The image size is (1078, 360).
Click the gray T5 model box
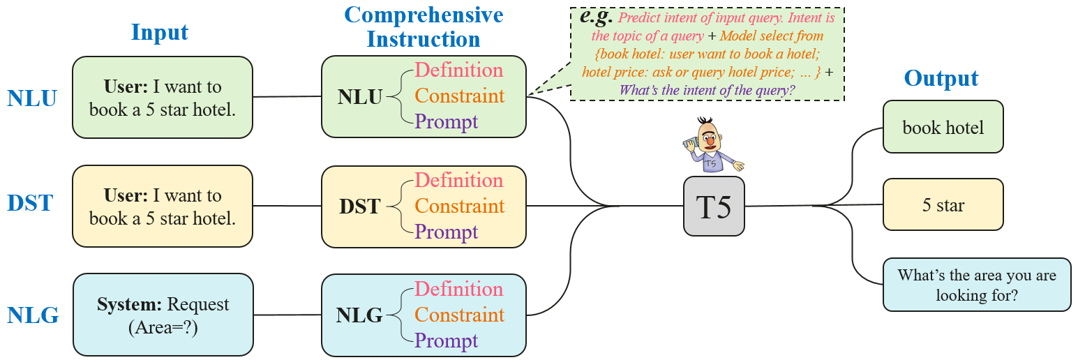click(714, 207)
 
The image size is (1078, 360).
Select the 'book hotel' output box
click(943, 127)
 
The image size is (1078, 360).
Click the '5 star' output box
click(943, 205)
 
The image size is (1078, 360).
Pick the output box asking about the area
click(976, 284)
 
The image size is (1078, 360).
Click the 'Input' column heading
click(160, 33)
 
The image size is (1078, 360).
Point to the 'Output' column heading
click(941, 77)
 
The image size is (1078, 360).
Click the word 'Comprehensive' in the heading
click(424, 15)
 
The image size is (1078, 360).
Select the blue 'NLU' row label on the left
click(33, 98)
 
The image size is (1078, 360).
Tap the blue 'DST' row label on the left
click(30, 204)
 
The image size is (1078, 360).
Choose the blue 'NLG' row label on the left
click(33, 315)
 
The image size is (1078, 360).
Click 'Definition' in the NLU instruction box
click(458, 70)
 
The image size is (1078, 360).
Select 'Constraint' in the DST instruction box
click(459, 206)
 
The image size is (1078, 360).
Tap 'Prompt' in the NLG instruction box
click(447, 340)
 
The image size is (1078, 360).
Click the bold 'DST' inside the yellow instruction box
click(360, 206)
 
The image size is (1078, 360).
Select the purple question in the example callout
click(707, 89)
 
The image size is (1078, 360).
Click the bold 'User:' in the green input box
click(128, 87)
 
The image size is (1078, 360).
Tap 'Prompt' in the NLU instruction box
click(447, 121)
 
